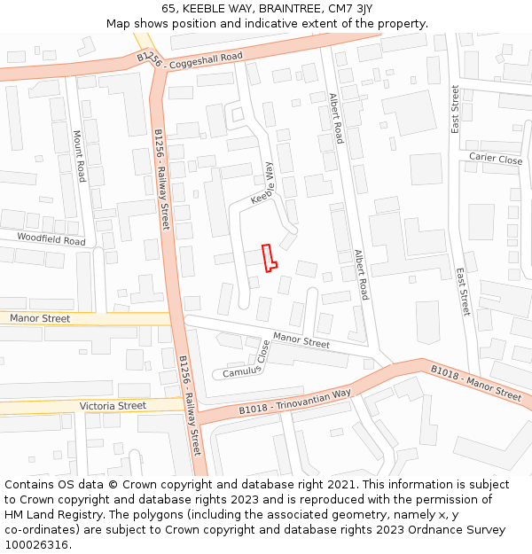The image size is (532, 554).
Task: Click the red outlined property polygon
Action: pos(269,256)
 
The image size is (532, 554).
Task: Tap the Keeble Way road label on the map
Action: pos(262,184)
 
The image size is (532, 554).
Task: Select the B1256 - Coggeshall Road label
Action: pos(189,58)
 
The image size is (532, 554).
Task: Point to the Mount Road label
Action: pos(78,156)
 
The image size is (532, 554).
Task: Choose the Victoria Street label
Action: pos(113,406)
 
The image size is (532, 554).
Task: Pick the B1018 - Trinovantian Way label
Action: pos(294,402)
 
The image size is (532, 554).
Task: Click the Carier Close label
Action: pos(496,160)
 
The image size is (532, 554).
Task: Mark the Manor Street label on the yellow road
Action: pos(39,318)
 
